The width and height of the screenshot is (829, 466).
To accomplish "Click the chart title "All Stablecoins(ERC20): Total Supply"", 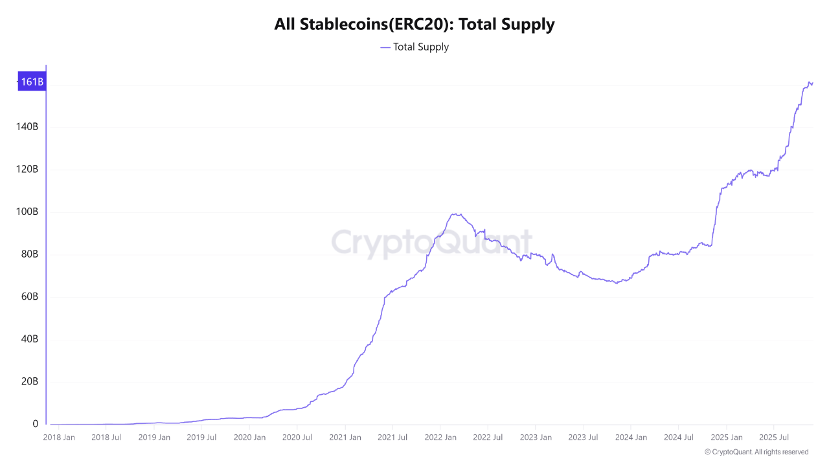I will (414, 25).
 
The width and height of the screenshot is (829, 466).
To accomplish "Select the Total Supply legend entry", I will (414, 47).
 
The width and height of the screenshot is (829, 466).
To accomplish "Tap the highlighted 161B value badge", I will (32, 82).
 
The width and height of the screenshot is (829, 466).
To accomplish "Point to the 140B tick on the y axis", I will (27, 127).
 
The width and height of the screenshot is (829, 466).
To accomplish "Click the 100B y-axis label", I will (27, 212).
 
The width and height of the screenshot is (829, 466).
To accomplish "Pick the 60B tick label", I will (30, 297).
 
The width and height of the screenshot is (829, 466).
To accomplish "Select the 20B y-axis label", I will (30, 382).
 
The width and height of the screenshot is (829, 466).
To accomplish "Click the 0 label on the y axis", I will (36, 424).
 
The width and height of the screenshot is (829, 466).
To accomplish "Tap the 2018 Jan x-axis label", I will (58, 438).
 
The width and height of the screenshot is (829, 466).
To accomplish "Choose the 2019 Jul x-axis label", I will (201, 438).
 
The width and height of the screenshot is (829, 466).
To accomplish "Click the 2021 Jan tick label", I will (345, 438).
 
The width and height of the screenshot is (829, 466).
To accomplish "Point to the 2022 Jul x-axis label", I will (488, 438).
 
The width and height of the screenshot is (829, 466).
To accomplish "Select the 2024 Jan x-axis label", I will (631, 438).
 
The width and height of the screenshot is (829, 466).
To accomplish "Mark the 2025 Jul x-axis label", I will (774, 438).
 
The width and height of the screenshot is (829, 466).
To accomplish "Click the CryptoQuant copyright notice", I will (756, 452).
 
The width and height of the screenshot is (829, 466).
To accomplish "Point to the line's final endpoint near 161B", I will (812, 83).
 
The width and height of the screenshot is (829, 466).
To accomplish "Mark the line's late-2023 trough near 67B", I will (617, 283).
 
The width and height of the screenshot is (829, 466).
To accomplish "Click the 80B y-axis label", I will (30, 254).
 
